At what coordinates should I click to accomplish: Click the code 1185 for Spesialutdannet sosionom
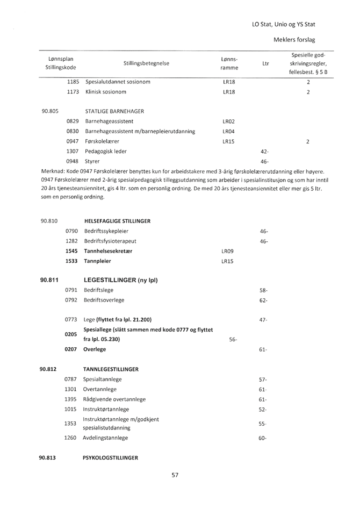click(74, 82)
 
